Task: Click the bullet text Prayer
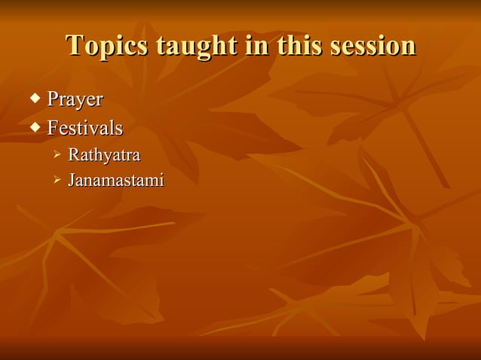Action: point(75,99)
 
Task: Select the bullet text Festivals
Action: point(84,128)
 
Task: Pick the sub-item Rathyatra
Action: point(104,156)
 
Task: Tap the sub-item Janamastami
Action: point(115,181)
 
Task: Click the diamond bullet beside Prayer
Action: point(35,98)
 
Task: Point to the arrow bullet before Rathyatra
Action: point(57,156)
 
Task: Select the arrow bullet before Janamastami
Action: point(57,181)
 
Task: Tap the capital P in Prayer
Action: point(53,99)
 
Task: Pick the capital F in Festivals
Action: point(53,128)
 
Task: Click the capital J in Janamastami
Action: point(72,181)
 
